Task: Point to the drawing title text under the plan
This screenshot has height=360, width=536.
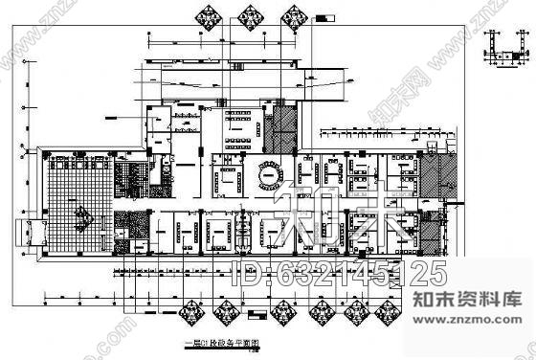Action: (212, 349)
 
